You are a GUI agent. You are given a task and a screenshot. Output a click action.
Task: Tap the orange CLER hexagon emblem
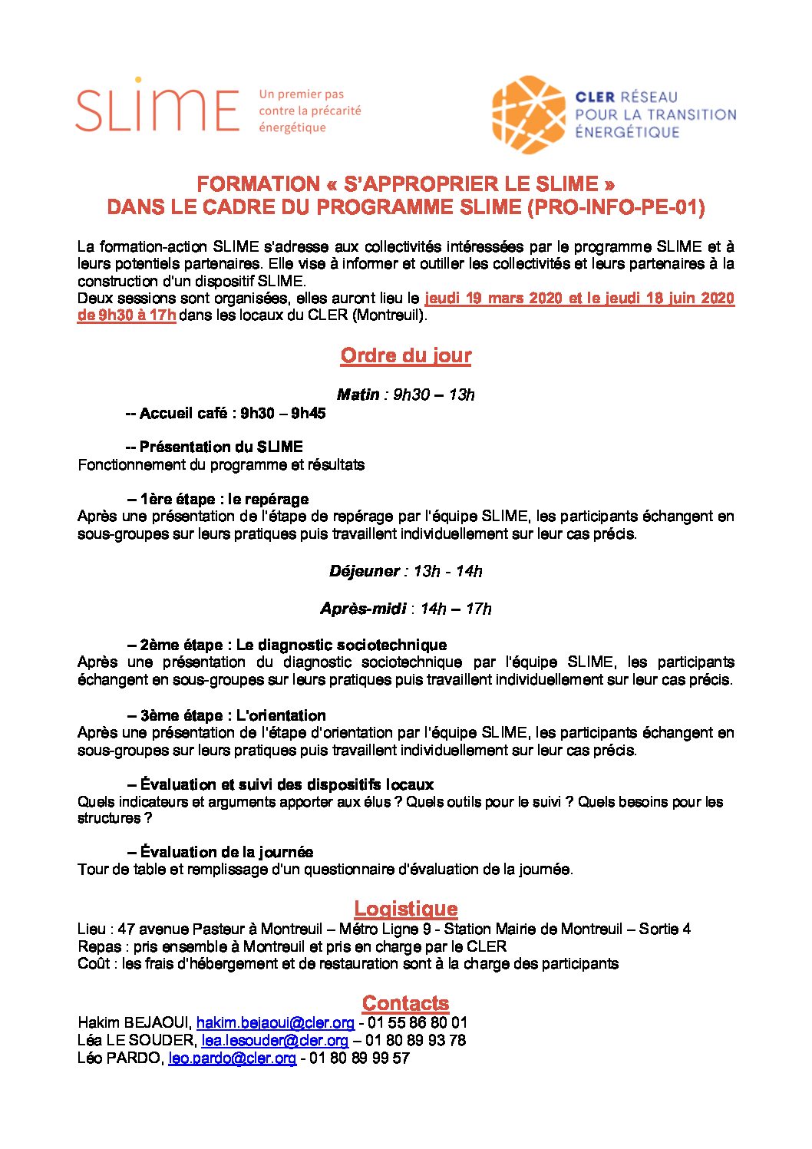pyautogui.click(x=528, y=114)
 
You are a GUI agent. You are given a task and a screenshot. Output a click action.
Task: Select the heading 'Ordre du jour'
pyautogui.click(x=405, y=355)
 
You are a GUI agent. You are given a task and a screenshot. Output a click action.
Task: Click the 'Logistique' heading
pyautogui.click(x=405, y=909)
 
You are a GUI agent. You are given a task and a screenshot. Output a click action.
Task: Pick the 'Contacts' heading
pyautogui.click(x=405, y=1003)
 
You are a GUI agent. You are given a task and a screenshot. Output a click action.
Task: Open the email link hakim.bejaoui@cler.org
pyautogui.click(x=275, y=1023)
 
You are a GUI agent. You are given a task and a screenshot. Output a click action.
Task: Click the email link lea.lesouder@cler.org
pyautogui.click(x=275, y=1041)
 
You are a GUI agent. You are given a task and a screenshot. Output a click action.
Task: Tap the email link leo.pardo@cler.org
pyautogui.click(x=232, y=1058)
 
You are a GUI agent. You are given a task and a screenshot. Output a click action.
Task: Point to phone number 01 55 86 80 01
pyautogui.click(x=417, y=1023)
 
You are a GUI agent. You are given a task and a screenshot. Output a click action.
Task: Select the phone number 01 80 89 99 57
pyautogui.click(x=359, y=1058)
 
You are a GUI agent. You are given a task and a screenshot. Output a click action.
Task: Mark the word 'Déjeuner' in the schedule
pyautogui.click(x=364, y=571)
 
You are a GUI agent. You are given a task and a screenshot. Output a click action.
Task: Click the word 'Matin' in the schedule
pyautogui.click(x=358, y=395)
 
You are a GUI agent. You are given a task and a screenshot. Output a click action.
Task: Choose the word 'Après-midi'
pyautogui.click(x=363, y=609)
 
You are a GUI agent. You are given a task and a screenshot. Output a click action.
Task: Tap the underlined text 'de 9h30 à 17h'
pyautogui.click(x=127, y=315)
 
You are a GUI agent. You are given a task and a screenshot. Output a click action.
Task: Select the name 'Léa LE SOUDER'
pyautogui.click(x=136, y=1041)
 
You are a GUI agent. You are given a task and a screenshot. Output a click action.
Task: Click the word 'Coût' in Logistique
pyautogui.click(x=94, y=963)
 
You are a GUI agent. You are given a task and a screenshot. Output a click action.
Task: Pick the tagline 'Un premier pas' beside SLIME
pyautogui.click(x=302, y=94)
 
